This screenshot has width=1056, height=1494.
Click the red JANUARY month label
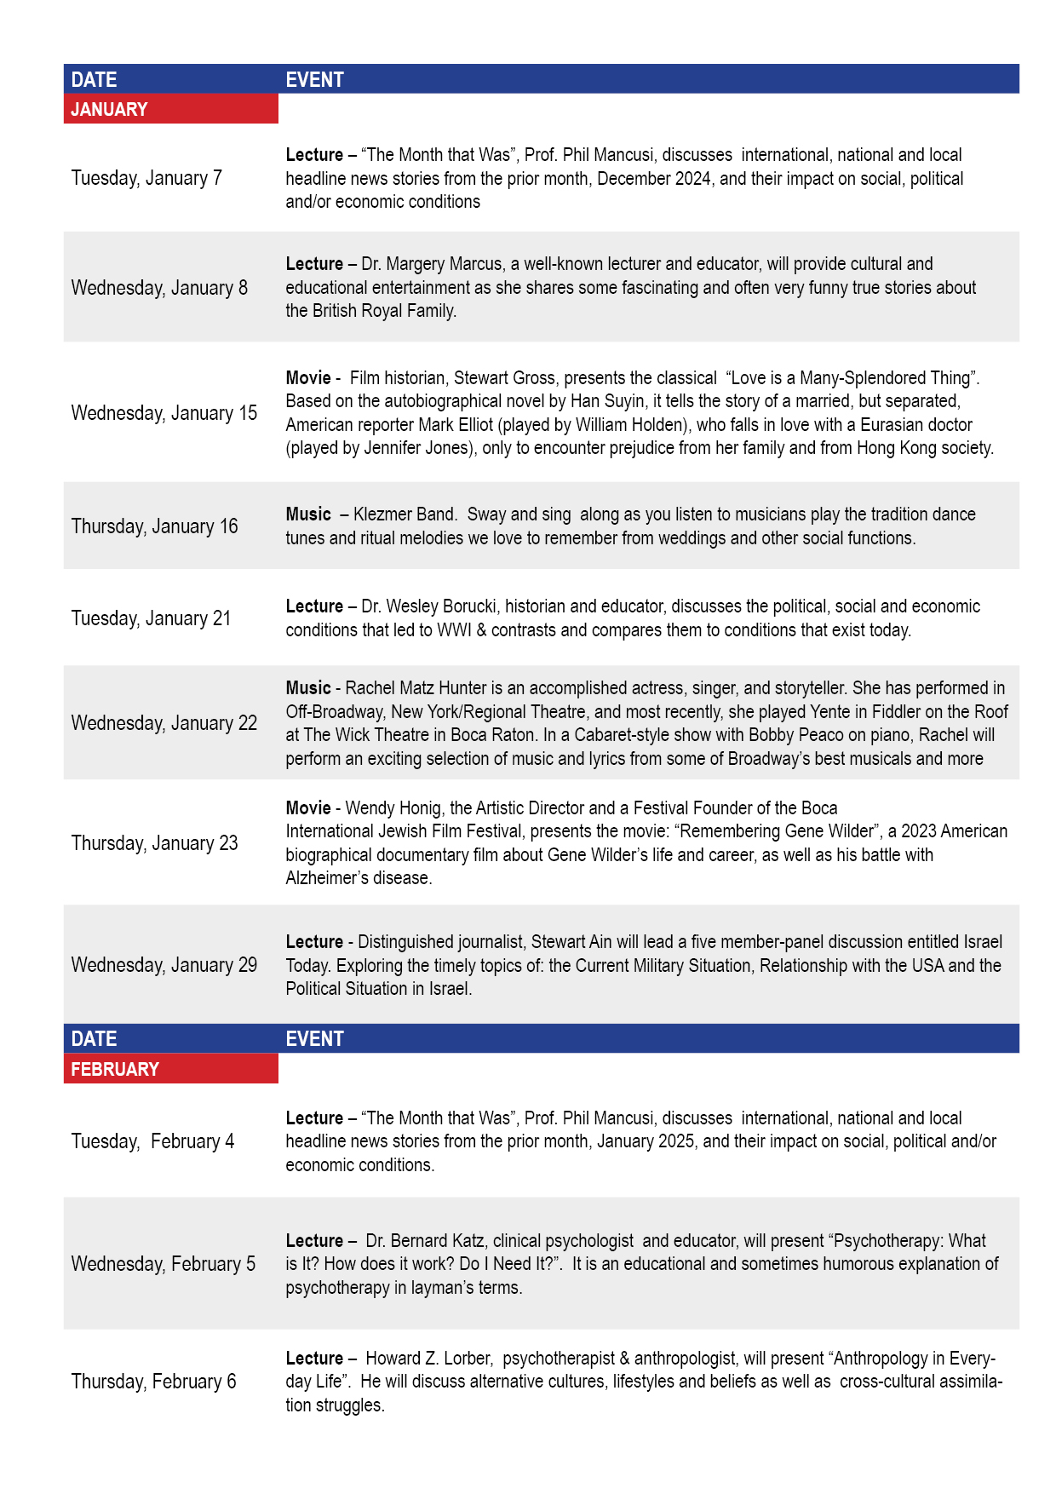coord(109,109)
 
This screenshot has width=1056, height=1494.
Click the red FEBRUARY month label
coord(115,1069)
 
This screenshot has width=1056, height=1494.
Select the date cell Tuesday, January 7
coord(146,178)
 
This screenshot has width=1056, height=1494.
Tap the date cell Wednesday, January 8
coord(159,288)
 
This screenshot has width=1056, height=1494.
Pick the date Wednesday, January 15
coord(164,413)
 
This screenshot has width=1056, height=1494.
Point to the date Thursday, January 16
coord(154,526)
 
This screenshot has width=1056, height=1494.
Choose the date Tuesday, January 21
coord(151,618)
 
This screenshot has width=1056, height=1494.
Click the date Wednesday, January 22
coord(164,723)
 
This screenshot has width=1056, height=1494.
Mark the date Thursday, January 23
coord(154,843)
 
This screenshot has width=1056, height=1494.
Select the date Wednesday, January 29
coord(164,965)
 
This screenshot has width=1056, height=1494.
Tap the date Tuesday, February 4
coord(152,1141)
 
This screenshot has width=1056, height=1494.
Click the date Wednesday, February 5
coord(164,1264)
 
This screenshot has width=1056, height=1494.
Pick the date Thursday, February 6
coord(153,1382)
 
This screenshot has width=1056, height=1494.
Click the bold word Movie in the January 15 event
coord(308,378)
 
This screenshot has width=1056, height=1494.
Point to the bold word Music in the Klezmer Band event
coord(308,514)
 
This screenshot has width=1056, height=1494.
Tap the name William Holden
coord(630,425)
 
